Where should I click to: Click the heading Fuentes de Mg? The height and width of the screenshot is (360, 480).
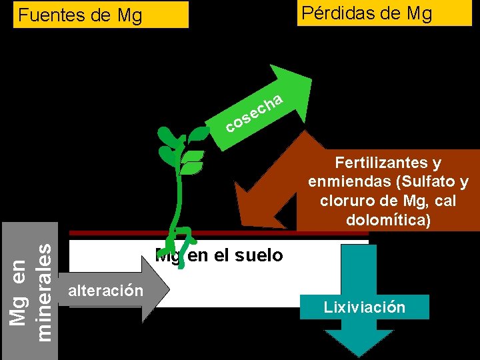click(x=80, y=15)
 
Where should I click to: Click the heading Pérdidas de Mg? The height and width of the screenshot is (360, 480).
click(x=366, y=13)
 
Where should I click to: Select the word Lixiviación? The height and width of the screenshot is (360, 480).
click(x=364, y=307)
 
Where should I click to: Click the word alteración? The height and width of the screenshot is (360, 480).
click(x=105, y=291)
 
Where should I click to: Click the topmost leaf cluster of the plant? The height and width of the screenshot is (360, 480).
click(x=171, y=136)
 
